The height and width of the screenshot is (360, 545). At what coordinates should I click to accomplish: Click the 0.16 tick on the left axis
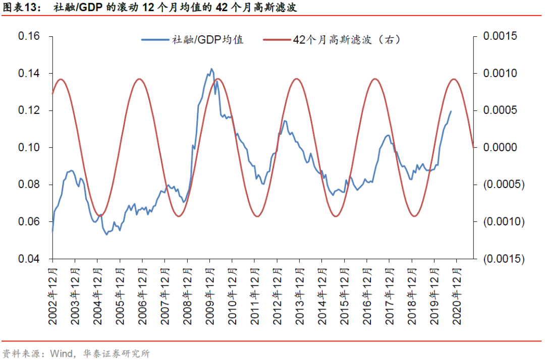[x=29, y=37]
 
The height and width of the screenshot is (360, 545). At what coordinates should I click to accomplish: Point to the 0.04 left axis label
[x=29, y=259]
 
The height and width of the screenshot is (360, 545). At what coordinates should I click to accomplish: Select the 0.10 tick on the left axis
[x=29, y=148]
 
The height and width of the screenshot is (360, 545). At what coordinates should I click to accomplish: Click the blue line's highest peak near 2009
[x=211, y=69]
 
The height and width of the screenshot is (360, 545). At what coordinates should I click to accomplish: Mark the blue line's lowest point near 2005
[x=106, y=234]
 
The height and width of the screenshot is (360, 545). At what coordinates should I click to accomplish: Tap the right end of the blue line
[x=451, y=111]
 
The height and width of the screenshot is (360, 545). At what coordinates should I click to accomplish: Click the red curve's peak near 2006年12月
[x=140, y=79]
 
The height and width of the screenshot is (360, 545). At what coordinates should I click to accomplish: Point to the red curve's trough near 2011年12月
[x=257, y=216]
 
